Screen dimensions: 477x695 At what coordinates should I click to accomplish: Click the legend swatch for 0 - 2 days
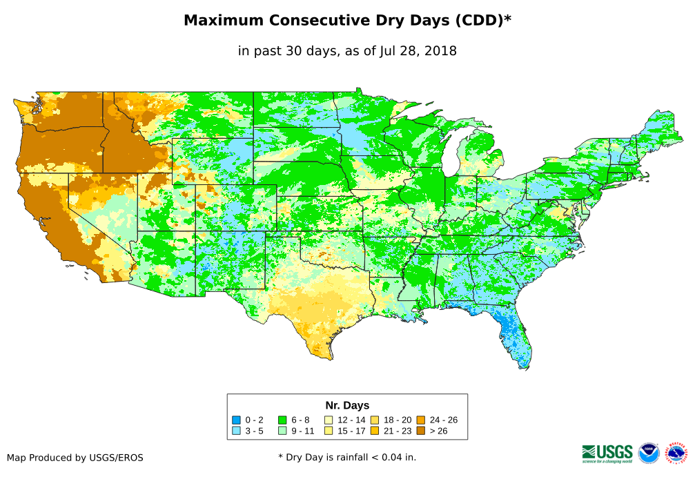pos(237,420)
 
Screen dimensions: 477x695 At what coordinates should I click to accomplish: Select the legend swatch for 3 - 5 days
pos(237,431)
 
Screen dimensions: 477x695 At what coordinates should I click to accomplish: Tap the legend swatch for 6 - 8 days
pos(282,420)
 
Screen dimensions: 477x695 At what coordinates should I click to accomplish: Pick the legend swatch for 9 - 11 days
pos(282,431)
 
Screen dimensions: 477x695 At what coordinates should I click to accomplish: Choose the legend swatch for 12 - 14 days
pos(328,420)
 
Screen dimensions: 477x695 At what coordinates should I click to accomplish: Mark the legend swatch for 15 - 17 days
pos(328,431)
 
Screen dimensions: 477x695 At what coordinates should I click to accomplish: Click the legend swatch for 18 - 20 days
pos(373,420)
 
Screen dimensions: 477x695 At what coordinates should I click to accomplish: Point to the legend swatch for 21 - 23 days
pos(373,431)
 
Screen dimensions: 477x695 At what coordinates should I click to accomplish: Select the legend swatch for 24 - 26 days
pos(420,420)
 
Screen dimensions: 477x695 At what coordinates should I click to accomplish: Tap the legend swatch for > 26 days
pos(420,431)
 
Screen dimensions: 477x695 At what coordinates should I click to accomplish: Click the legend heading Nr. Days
pos(347,405)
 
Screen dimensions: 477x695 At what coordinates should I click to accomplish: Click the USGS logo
pos(607,453)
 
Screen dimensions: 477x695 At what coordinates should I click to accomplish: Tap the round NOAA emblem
pos(649,453)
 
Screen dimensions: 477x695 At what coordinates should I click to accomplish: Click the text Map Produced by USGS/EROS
pos(75,458)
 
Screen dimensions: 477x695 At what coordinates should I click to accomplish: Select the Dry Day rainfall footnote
pos(347,457)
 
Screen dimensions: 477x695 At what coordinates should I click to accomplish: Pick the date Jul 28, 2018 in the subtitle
pos(418,51)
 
